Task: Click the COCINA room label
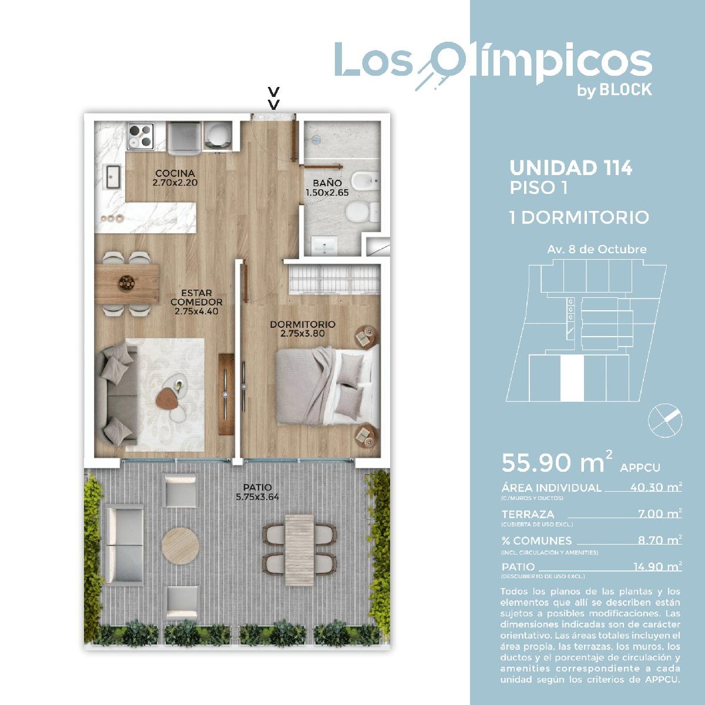tap(175, 173)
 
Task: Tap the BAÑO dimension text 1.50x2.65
tap(327, 193)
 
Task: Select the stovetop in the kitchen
tap(140, 136)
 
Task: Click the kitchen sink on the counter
tap(113, 177)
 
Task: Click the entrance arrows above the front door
tap(274, 98)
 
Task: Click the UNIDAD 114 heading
tap(570, 167)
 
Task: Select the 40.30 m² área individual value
tap(656, 487)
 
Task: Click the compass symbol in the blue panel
tap(664, 421)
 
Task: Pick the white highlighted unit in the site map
tap(572, 378)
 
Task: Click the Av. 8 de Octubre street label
tap(597, 250)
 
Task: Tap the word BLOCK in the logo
tap(626, 90)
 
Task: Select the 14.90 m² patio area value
tap(657, 567)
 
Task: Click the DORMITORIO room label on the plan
tap(303, 324)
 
